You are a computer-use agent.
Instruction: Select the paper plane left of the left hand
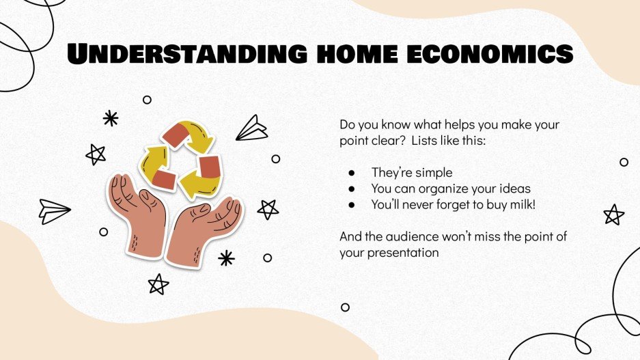(x=54, y=210)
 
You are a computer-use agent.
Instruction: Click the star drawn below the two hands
(x=158, y=283)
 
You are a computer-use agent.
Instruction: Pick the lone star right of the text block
(x=614, y=214)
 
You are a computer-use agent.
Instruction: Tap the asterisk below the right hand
(x=226, y=258)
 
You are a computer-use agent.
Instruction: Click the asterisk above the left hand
(x=111, y=118)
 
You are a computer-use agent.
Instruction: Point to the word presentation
(x=403, y=252)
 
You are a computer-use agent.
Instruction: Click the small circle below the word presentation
(x=345, y=307)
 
